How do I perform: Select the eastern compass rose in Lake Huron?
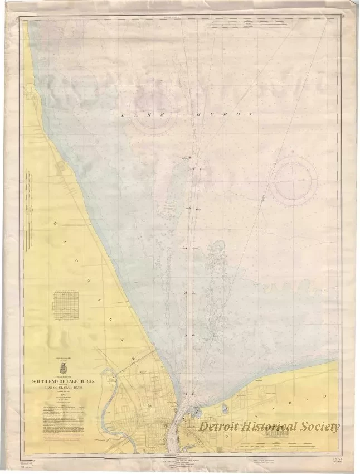click(x=296, y=181)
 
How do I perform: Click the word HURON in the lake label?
click(x=222, y=114)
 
